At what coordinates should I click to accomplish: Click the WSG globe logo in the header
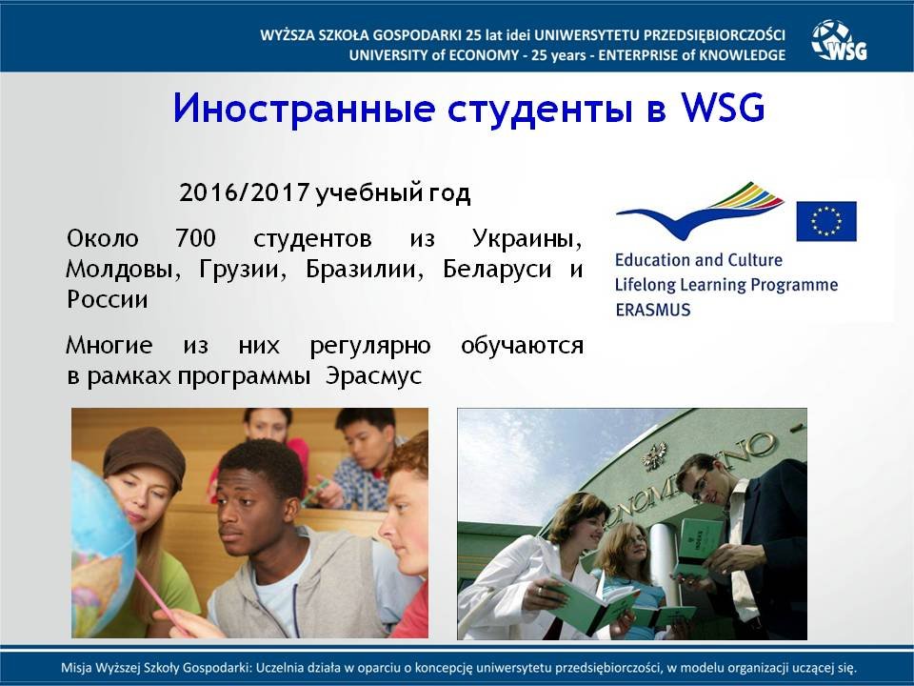pyautogui.click(x=839, y=40)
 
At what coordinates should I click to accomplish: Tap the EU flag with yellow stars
pyautogui.click(x=826, y=221)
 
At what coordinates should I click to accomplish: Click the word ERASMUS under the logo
pyautogui.click(x=653, y=310)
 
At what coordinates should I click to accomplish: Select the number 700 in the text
pyautogui.click(x=195, y=238)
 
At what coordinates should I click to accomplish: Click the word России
pyautogui.click(x=108, y=300)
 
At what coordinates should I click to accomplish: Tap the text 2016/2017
pyautogui.click(x=244, y=193)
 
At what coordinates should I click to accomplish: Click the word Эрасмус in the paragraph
pyautogui.click(x=373, y=376)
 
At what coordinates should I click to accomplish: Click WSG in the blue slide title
pyautogui.click(x=723, y=108)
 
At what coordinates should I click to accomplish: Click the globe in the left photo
pyautogui.click(x=102, y=549)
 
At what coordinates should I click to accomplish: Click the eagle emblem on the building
pyautogui.click(x=656, y=456)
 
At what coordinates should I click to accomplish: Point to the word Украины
pyautogui.click(x=527, y=238)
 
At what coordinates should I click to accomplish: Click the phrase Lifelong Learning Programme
pyautogui.click(x=726, y=285)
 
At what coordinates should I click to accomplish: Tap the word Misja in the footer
pyautogui.click(x=76, y=668)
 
